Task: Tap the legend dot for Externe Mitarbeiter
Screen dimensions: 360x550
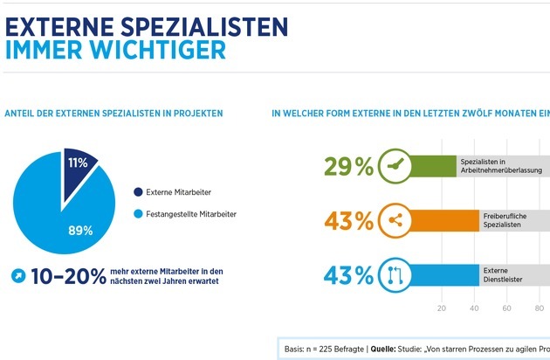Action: [x=137, y=192]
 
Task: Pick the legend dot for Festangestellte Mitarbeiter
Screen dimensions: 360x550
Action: [x=137, y=214]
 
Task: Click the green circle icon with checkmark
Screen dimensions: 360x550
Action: [x=395, y=166]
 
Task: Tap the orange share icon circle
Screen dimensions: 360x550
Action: [x=395, y=220]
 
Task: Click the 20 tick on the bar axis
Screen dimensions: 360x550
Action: [x=442, y=308]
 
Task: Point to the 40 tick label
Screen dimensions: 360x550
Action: [x=475, y=308]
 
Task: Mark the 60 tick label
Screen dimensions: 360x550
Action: [x=508, y=308]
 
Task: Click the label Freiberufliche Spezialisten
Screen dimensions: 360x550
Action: [x=502, y=220]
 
